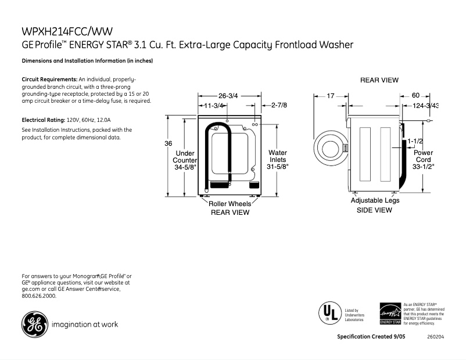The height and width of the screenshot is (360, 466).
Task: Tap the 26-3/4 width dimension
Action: [228, 96]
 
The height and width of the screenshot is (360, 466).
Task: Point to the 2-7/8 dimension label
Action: [279, 106]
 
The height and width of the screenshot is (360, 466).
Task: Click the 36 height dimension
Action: [169, 143]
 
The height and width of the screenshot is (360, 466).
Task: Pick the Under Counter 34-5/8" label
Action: [185, 160]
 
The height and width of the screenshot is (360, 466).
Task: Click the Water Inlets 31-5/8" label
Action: [278, 160]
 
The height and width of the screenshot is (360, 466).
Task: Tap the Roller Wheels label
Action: [230, 204]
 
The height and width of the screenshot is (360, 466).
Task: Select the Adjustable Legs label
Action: [375, 200]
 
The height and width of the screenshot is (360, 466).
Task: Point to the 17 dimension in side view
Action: [330, 96]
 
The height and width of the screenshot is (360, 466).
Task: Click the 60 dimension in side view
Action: [415, 96]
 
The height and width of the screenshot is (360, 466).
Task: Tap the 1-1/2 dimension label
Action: [415, 141]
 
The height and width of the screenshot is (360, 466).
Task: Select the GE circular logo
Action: [35, 324]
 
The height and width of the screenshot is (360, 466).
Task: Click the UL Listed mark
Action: [328, 312]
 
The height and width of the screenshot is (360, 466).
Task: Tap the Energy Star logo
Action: [390, 314]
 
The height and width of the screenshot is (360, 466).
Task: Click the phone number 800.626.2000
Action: [39, 296]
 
